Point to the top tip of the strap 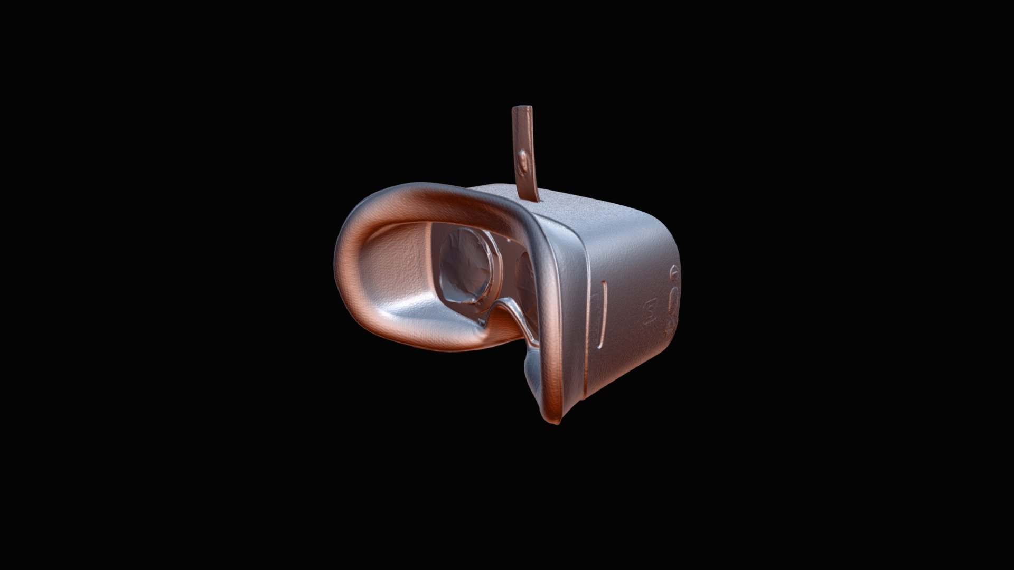pyautogui.click(x=522, y=108)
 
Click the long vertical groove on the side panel pyautogui.click(x=602, y=315)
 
